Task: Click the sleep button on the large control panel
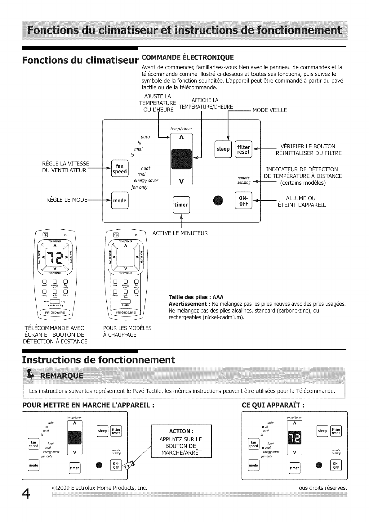(x=223, y=149)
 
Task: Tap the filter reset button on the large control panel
(x=243, y=149)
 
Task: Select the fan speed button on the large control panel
(x=119, y=169)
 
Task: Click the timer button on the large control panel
(x=181, y=205)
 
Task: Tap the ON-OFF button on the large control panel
(x=244, y=201)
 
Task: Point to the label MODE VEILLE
(x=269, y=110)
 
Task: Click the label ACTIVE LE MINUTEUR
(x=180, y=233)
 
